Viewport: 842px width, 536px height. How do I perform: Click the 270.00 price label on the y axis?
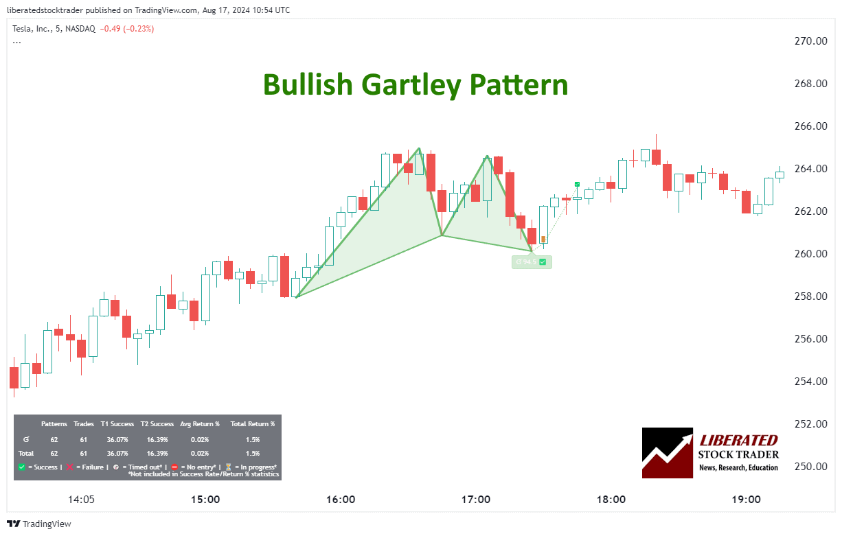pyautogui.click(x=811, y=41)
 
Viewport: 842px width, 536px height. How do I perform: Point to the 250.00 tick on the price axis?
pyautogui.click(x=811, y=467)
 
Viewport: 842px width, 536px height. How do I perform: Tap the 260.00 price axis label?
pyautogui.click(x=811, y=254)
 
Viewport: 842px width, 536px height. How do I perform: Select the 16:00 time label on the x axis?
pyautogui.click(x=341, y=500)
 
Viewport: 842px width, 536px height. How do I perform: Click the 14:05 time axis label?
pyautogui.click(x=81, y=500)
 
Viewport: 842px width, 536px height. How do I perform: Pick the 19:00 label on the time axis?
pyautogui.click(x=747, y=500)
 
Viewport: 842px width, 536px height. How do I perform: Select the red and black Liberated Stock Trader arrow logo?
pyautogui.click(x=667, y=453)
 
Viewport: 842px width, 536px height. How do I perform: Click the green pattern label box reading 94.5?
pyautogui.click(x=532, y=262)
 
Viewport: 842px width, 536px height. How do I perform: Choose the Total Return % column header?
pyautogui.click(x=252, y=424)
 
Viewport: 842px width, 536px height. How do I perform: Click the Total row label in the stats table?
pyautogui.click(x=26, y=453)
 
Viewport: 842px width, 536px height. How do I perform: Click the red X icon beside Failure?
pyautogui.click(x=69, y=467)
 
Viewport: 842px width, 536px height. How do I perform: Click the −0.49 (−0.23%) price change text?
pyautogui.click(x=126, y=29)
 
